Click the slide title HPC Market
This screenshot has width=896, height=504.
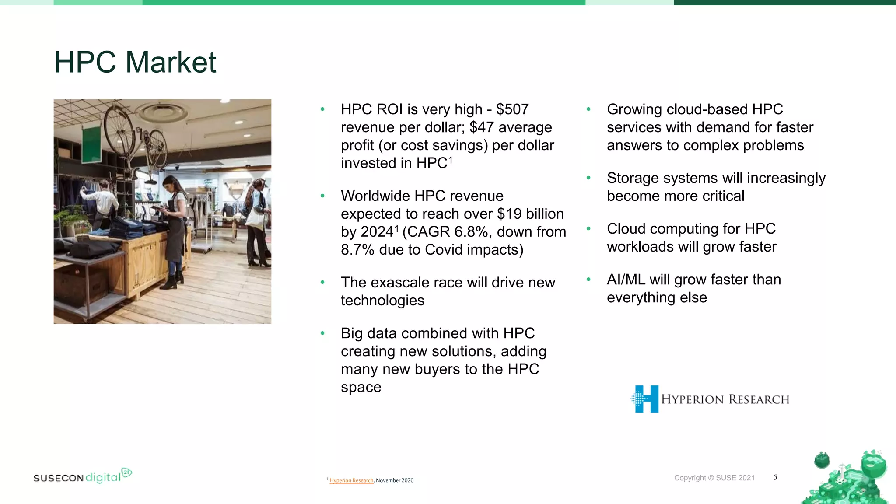coord(135,62)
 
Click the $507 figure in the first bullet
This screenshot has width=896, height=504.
coord(512,109)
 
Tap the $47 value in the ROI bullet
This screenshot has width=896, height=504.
coord(481,127)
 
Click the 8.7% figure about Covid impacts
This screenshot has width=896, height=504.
coord(357,250)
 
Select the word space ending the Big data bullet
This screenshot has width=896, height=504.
coord(361,388)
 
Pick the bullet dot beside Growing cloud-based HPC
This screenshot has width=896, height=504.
coord(588,109)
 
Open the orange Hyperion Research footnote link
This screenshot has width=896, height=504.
coord(351,480)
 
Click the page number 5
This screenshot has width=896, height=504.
coord(775,477)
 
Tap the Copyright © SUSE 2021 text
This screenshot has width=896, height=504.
coord(714,478)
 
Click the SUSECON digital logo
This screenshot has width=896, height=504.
coord(82,476)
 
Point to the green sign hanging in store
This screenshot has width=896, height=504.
coord(92,144)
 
